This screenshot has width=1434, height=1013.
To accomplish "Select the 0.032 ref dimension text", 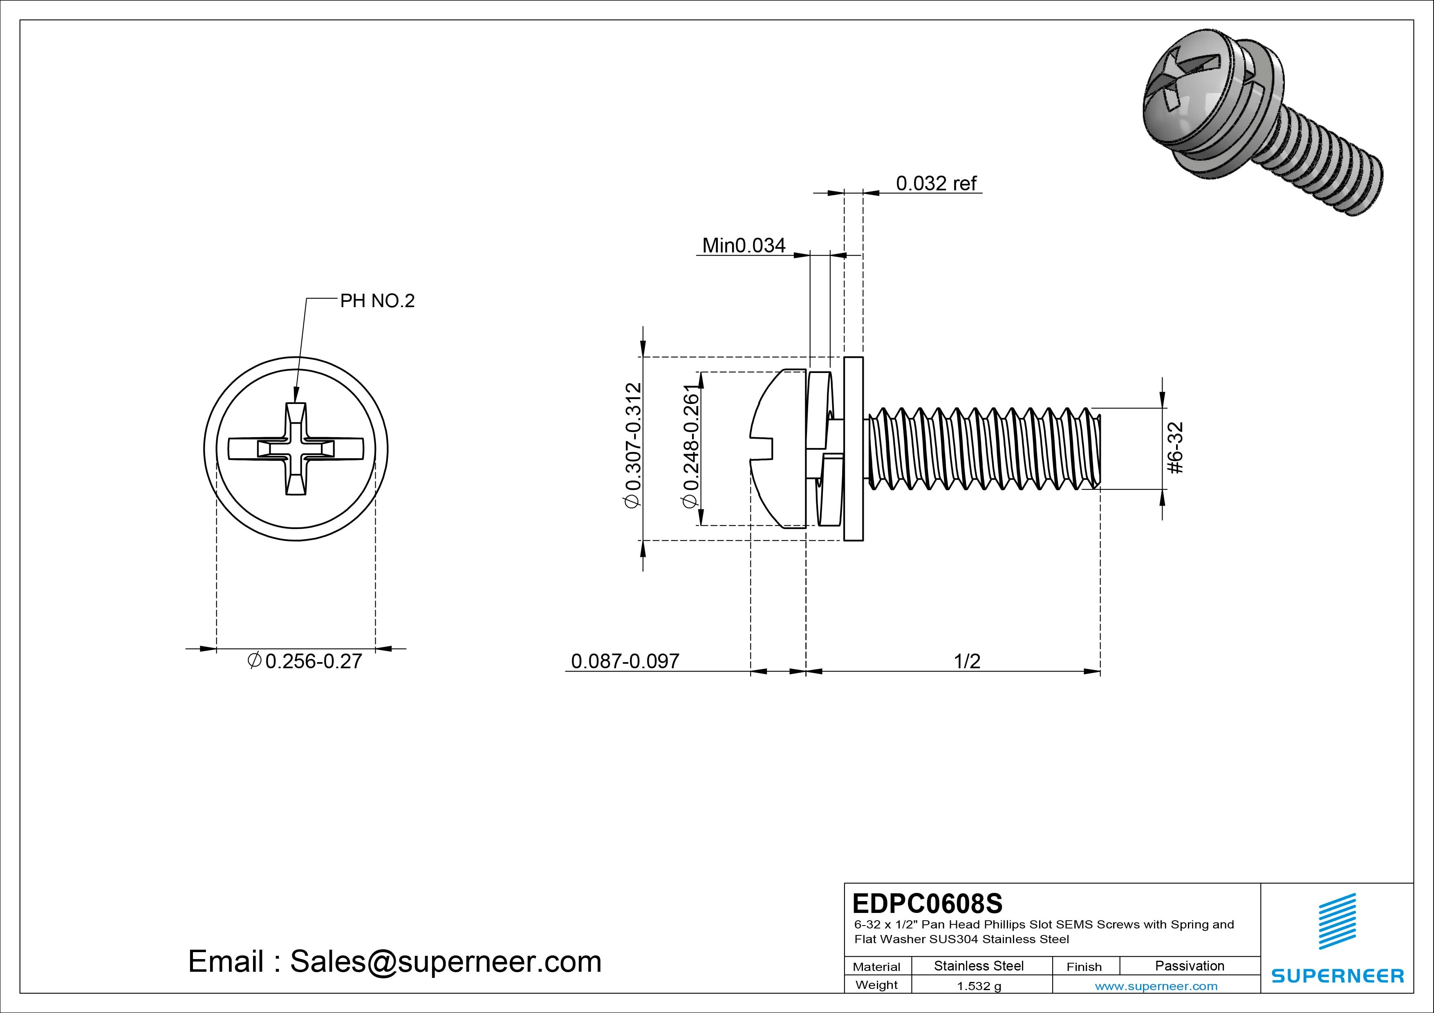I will coord(936,183).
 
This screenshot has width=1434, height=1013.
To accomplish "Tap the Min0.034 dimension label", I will coord(743,245).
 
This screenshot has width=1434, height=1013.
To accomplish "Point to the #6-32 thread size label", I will coord(1175,448).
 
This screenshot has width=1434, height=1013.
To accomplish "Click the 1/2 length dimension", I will coord(967,661).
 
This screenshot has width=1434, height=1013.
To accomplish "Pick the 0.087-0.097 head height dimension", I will coord(625,661).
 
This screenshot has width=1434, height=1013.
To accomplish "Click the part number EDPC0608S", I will coord(927,903).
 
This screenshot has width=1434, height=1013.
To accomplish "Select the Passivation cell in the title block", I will coord(1189,966).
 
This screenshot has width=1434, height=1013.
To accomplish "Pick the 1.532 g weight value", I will coord(979,986).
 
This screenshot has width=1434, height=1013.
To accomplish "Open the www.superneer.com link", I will coord(1156,986).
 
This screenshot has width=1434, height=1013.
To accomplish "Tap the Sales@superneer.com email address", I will coord(445,961).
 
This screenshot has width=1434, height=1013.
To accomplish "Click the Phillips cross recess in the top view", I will coord(296,449).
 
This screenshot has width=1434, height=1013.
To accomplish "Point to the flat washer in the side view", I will coord(853,449).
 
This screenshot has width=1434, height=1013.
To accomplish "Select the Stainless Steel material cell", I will coord(979,966).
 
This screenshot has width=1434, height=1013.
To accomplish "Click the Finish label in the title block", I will coord(1084,966).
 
